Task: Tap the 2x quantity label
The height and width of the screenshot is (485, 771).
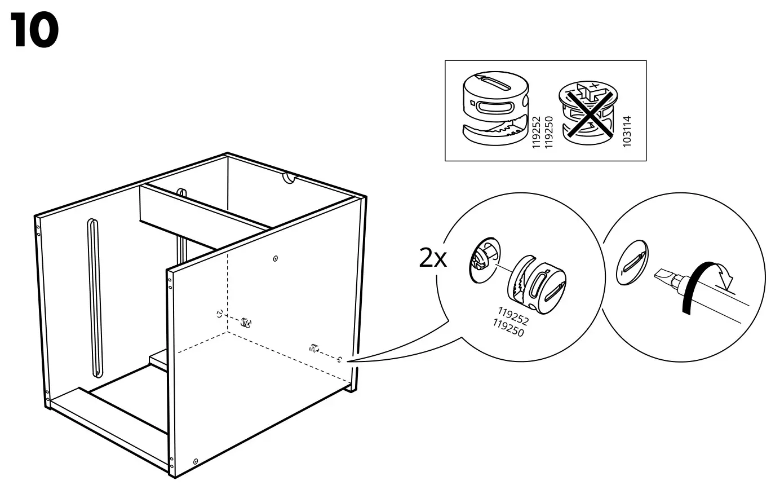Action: click(432, 259)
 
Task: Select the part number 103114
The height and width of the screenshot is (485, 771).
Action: click(627, 131)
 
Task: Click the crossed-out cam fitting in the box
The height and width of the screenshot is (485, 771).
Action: click(587, 111)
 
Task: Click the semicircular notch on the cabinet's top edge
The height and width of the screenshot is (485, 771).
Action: click(290, 178)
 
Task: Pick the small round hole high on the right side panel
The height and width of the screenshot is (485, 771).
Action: click(275, 259)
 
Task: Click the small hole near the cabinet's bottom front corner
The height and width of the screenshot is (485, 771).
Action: click(195, 461)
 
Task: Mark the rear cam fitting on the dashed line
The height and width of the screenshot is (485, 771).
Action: click(245, 323)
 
